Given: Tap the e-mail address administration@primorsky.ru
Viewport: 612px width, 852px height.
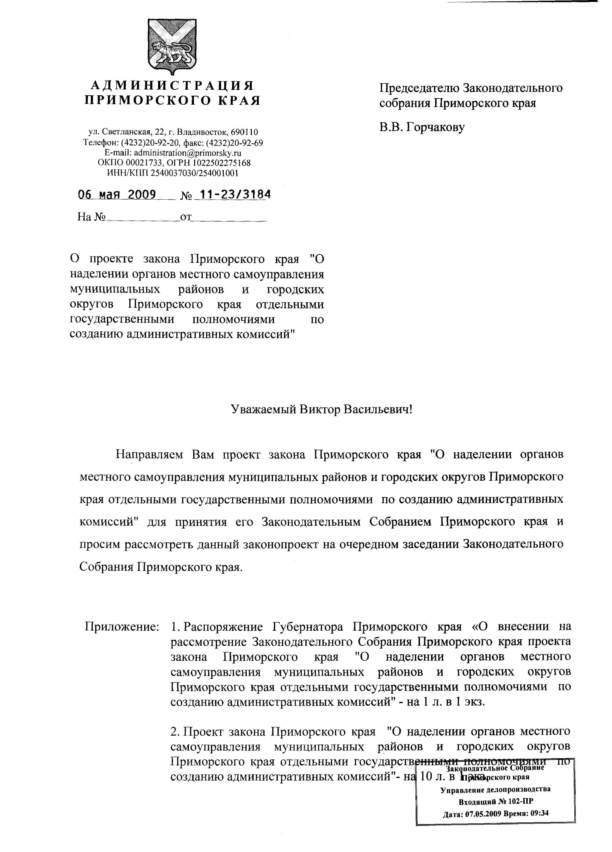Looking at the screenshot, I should [x=188, y=153].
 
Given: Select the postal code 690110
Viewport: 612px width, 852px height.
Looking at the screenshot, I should [x=244, y=132].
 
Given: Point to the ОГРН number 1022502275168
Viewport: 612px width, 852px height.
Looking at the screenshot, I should [x=222, y=163].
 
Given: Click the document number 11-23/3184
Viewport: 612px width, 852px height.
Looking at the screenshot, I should [x=235, y=195].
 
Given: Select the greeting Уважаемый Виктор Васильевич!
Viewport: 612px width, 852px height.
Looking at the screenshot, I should [x=321, y=409].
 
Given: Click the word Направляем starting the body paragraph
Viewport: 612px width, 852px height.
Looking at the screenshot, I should [x=149, y=454].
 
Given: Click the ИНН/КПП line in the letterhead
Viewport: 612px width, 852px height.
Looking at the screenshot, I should [x=173, y=173].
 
